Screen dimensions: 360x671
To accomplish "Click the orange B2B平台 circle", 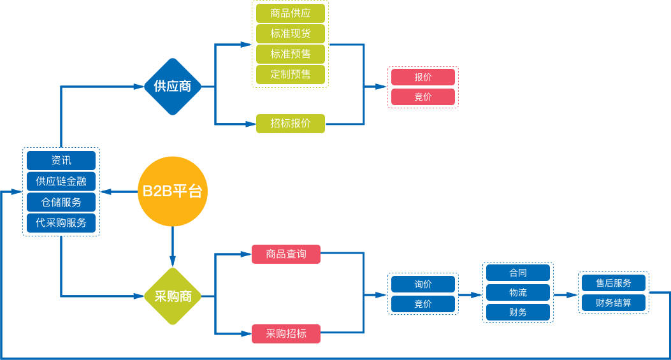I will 173,191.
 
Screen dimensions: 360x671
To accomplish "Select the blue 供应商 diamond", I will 173,87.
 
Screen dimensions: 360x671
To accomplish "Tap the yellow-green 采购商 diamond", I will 173,296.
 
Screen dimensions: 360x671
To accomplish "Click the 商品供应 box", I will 291,13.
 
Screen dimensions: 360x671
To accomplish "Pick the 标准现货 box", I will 291,34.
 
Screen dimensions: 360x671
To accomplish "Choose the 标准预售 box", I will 291,54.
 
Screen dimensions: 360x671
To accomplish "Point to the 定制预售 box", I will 291,74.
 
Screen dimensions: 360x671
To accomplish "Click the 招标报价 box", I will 291,124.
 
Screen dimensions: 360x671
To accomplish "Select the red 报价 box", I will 423,77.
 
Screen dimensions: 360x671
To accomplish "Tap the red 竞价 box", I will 423,97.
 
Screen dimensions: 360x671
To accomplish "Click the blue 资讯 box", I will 61,161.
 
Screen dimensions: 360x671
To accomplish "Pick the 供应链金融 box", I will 61,182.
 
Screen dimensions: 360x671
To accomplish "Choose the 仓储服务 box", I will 61,203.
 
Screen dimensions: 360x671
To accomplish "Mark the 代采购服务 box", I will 61,223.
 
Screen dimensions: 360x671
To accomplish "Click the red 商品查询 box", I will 286,254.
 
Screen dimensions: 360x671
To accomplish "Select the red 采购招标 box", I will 286,334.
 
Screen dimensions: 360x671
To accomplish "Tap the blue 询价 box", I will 423,284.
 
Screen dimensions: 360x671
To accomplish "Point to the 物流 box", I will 518,292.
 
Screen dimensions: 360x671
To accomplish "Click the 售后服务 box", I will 614,283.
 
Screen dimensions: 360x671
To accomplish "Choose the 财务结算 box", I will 614,303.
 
